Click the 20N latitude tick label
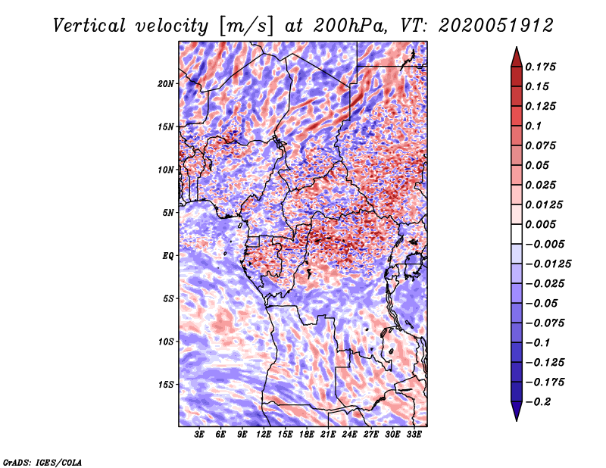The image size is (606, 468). coord(166,83)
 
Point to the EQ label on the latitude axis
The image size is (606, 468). coord(167,255)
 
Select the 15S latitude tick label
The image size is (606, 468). coord(166,384)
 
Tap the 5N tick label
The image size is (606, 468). coord(168,212)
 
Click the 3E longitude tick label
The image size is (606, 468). coord(200,435)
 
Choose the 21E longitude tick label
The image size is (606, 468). coord(328,435)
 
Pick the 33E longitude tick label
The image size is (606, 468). coord(414,435)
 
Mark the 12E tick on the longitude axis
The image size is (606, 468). coord(264,435)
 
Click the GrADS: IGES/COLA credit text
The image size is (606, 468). coord(42,461)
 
